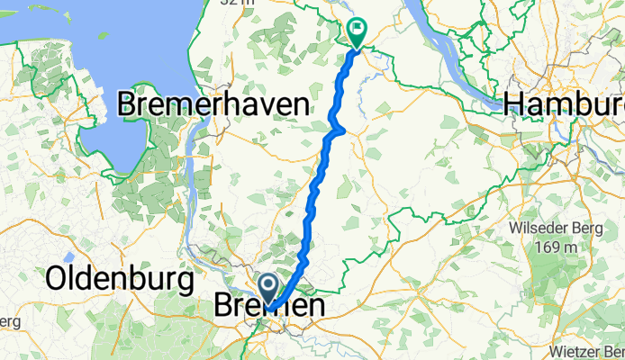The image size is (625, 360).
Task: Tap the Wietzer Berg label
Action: tap(584, 349)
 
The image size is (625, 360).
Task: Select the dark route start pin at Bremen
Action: tap(268, 289)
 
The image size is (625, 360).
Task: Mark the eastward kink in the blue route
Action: tap(340, 130)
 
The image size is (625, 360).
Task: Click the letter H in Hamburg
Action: tap(514, 103)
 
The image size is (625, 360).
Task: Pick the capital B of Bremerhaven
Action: tap(128, 105)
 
